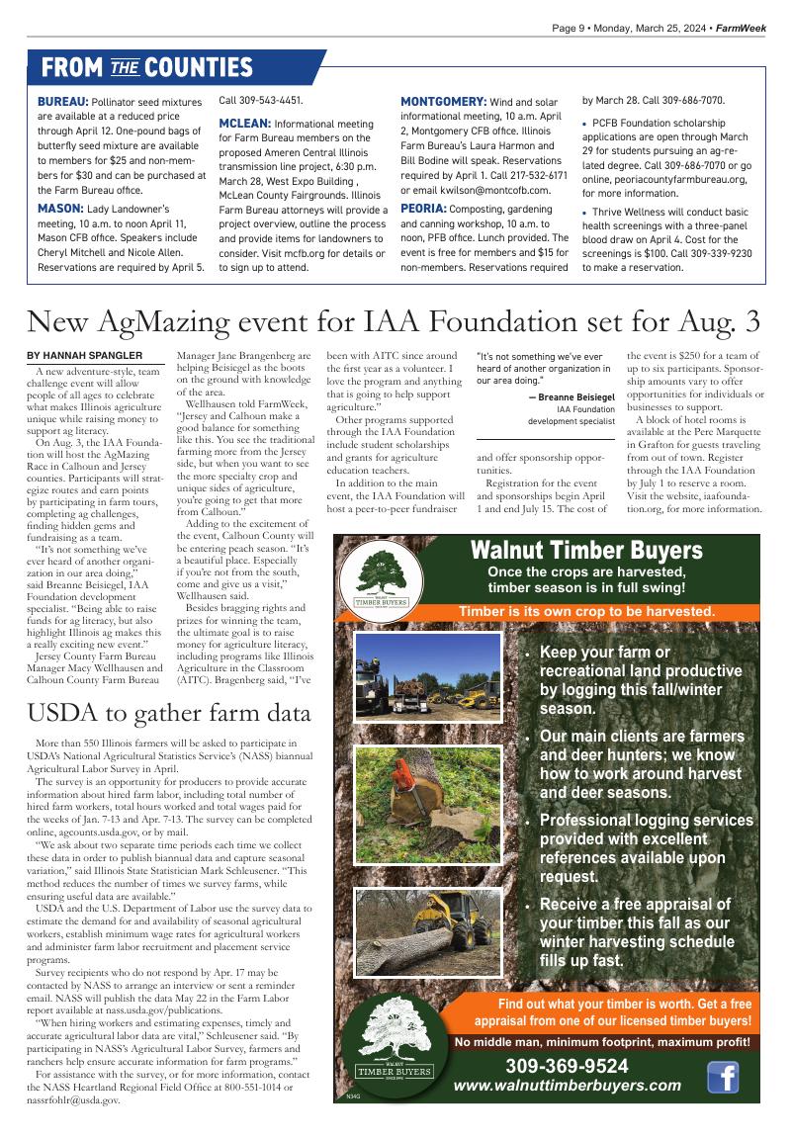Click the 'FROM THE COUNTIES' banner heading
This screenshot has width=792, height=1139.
[x=146, y=67]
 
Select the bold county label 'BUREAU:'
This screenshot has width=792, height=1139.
[x=63, y=101]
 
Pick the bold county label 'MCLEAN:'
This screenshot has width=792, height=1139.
[x=244, y=124]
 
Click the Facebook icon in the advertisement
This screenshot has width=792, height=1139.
[x=723, y=1076]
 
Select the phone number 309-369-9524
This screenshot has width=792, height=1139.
[x=567, y=1066]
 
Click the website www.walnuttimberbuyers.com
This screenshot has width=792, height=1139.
[x=567, y=1086]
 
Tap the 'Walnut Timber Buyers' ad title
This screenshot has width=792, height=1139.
[x=585, y=550]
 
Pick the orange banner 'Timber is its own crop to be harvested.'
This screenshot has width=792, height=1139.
[x=585, y=612]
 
